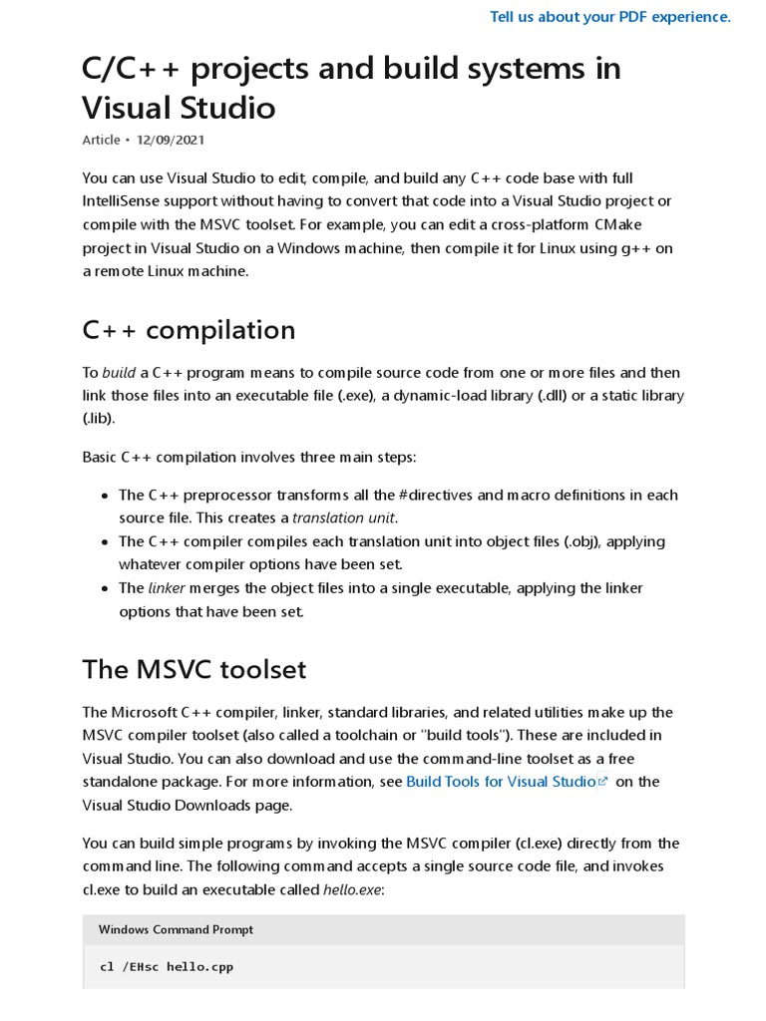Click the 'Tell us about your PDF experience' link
(x=610, y=16)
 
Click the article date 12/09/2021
(x=171, y=140)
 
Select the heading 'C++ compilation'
(x=189, y=330)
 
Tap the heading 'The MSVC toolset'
(x=194, y=669)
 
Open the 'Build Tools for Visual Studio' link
(x=501, y=782)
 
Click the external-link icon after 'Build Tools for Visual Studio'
(x=602, y=782)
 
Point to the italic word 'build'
(x=119, y=373)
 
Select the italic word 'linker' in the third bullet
(x=167, y=588)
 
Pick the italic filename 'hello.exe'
(x=353, y=889)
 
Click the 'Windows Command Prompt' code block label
(x=176, y=929)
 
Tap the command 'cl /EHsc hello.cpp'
(x=167, y=966)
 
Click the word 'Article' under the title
(x=101, y=140)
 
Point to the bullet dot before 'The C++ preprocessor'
(x=105, y=496)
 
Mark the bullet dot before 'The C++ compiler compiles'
(x=105, y=542)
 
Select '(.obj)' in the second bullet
(x=579, y=542)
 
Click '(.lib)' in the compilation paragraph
(x=99, y=419)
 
